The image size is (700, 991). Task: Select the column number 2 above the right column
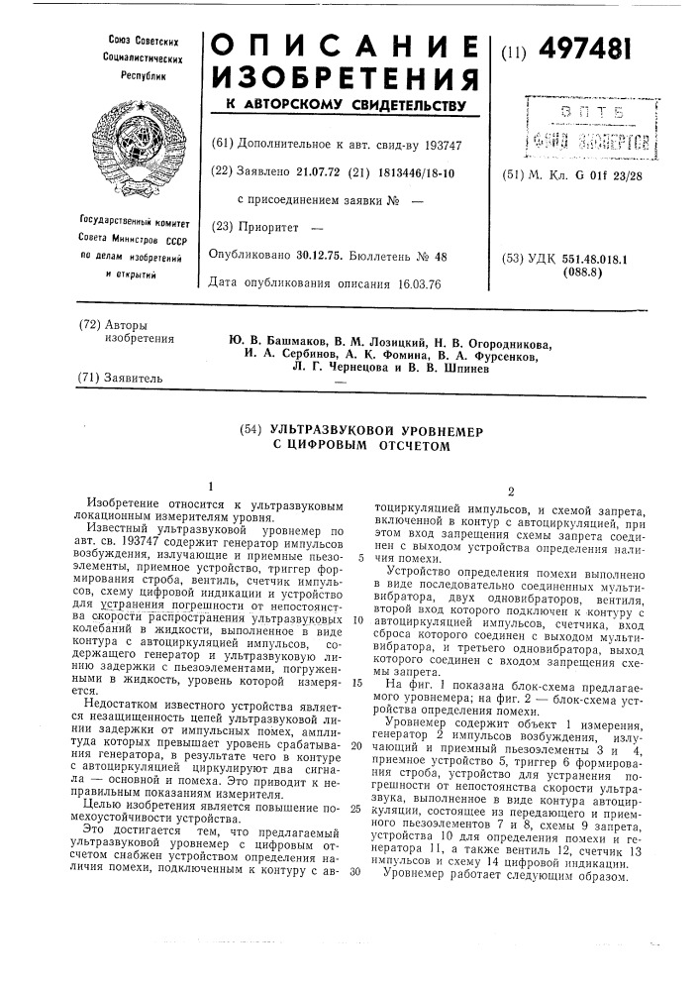coord(508,492)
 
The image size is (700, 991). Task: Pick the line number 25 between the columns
coord(353,809)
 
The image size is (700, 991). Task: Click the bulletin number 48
coord(441,256)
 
